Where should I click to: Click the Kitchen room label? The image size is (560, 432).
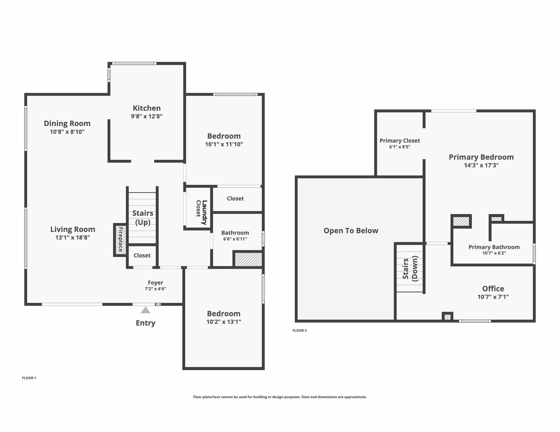click(x=147, y=108)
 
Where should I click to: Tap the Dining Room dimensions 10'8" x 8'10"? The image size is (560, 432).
click(x=67, y=132)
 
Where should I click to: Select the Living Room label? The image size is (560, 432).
click(x=73, y=229)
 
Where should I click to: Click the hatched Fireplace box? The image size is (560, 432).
click(x=120, y=240)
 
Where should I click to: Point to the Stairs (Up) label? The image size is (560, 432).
click(x=143, y=218)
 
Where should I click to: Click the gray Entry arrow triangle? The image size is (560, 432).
click(x=146, y=310)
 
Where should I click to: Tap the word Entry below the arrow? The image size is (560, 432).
click(x=146, y=323)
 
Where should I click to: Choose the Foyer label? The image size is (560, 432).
click(x=155, y=283)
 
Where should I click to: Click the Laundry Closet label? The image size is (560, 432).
click(x=202, y=212)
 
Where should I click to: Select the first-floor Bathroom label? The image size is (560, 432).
click(x=235, y=233)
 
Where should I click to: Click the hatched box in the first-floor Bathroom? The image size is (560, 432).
click(x=248, y=259)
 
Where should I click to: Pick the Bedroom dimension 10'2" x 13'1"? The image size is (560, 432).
click(x=224, y=322)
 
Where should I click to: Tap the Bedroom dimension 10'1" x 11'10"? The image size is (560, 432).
click(x=224, y=144)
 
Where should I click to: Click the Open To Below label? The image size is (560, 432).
click(x=351, y=231)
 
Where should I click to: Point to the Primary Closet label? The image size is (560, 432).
click(x=400, y=141)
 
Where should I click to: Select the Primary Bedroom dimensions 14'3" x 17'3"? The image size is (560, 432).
click(x=481, y=165)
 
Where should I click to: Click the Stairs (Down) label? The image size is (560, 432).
click(x=410, y=268)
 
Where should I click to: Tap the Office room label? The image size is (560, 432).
click(x=493, y=288)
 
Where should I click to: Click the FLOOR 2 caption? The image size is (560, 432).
click(x=299, y=330)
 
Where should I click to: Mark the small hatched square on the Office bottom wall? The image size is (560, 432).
click(x=448, y=317)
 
